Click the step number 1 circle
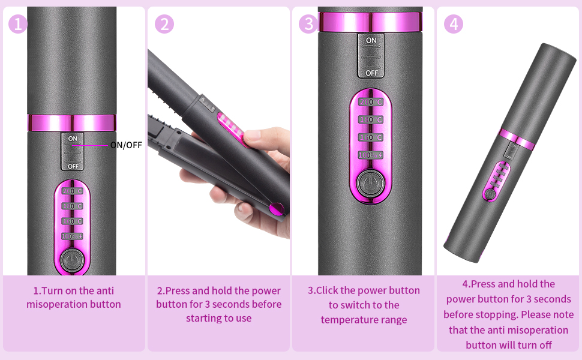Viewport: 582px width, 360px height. pyautogui.click(x=19, y=24)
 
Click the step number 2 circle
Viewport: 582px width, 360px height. pyautogui.click(x=164, y=24)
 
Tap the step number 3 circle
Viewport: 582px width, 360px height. pyautogui.click(x=309, y=24)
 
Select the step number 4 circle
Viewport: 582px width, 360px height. pyautogui.click(x=454, y=24)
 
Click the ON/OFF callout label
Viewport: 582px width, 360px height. pyautogui.click(x=126, y=145)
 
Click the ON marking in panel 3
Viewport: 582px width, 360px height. pyautogui.click(x=371, y=41)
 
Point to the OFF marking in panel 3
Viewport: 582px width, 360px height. pyautogui.click(x=371, y=72)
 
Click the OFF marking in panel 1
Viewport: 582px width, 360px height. pyautogui.click(x=73, y=166)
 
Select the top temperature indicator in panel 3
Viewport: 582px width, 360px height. pyautogui.click(x=371, y=102)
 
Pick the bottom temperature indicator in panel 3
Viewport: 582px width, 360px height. pyautogui.click(x=371, y=155)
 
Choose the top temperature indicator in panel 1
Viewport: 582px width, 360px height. pyautogui.click(x=73, y=191)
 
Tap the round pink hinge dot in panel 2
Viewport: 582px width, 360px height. pyautogui.click(x=277, y=209)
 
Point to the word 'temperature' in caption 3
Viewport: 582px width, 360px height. pyautogui.click(x=349, y=319)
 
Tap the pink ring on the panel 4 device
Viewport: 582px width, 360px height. pyautogui.click(x=517, y=139)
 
